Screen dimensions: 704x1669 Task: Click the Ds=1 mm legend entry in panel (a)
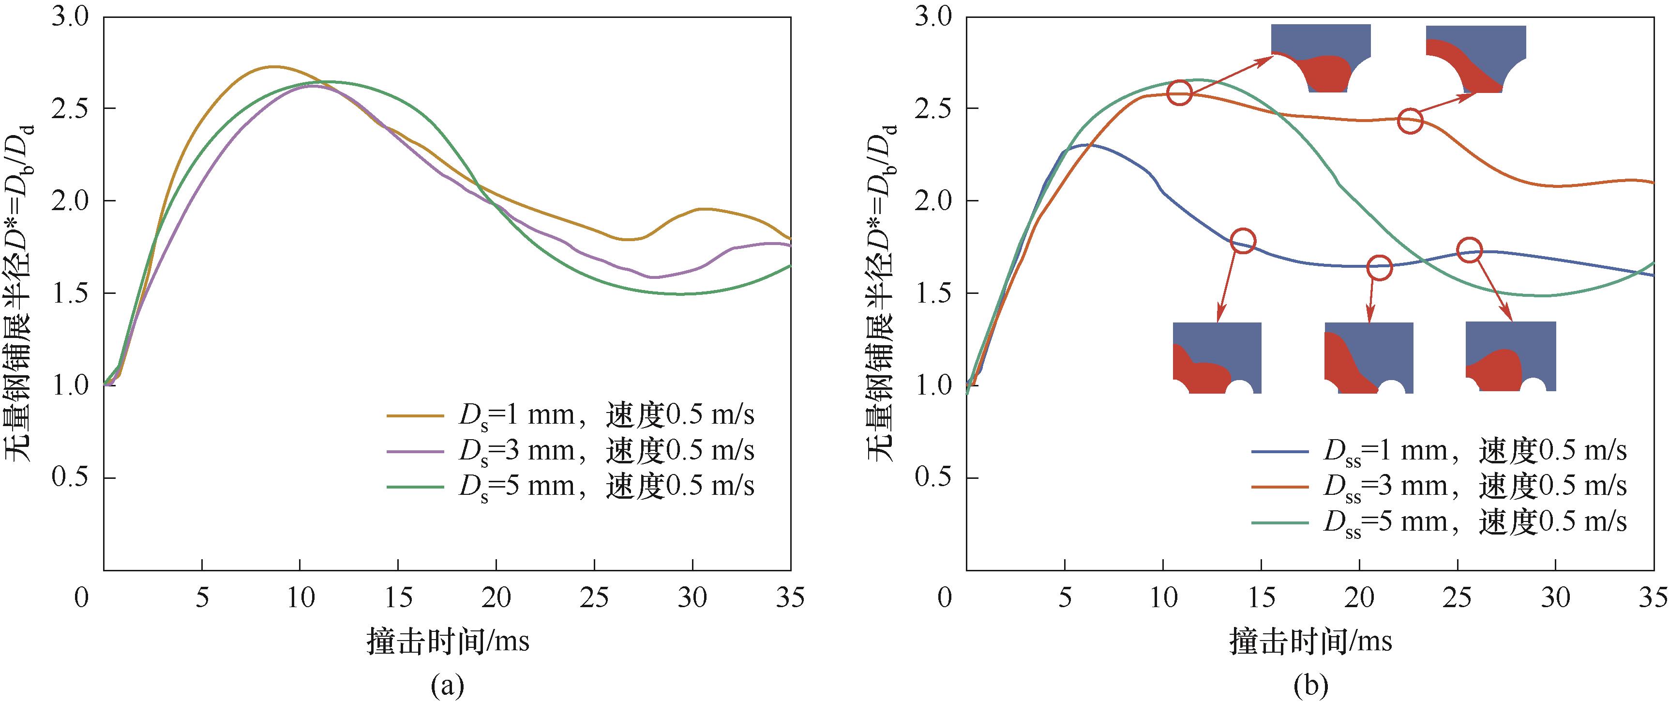coord(570,415)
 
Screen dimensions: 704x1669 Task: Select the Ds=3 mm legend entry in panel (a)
coord(570,451)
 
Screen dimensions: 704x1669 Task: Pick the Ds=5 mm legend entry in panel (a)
coord(570,486)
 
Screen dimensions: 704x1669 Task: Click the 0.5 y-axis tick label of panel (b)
coord(932,478)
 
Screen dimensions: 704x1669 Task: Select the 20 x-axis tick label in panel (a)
coord(496,597)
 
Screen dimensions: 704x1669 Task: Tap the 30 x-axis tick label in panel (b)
coord(1555,597)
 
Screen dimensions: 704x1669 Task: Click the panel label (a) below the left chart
coord(448,685)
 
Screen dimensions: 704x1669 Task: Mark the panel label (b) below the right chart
coord(1310,685)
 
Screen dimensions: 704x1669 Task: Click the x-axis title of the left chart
coord(448,641)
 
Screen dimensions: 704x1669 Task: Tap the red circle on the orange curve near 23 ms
coord(1410,121)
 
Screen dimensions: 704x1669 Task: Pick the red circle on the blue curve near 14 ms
coord(1243,241)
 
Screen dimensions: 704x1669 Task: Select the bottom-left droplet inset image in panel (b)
coord(1217,358)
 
